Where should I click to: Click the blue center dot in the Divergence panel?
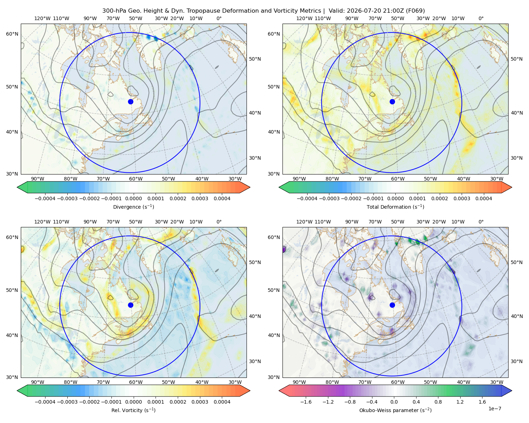tap(130, 102)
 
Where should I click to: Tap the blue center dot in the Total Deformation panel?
tap(392, 102)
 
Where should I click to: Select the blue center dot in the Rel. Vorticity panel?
tap(130, 305)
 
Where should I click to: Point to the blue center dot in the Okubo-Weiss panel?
tap(392, 305)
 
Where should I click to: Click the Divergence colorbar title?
tap(133, 207)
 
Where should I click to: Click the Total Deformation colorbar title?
tap(395, 207)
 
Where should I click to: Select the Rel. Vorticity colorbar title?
tap(133, 410)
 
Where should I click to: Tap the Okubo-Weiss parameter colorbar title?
tap(395, 410)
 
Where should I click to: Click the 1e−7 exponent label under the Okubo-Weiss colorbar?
tap(494, 409)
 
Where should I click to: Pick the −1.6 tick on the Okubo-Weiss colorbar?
tap(306, 402)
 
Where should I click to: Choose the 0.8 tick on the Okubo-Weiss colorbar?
tap(438, 402)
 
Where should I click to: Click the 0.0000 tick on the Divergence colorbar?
tap(133, 198)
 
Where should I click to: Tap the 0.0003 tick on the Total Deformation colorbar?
tap(462, 198)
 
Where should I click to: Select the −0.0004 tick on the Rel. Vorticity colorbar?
tap(45, 402)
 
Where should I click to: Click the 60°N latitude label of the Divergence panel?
tap(12, 34)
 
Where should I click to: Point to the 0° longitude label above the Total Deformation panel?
tap(481, 18)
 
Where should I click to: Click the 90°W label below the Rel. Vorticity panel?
tap(38, 382)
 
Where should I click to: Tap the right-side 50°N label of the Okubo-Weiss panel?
tap(516, 262)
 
